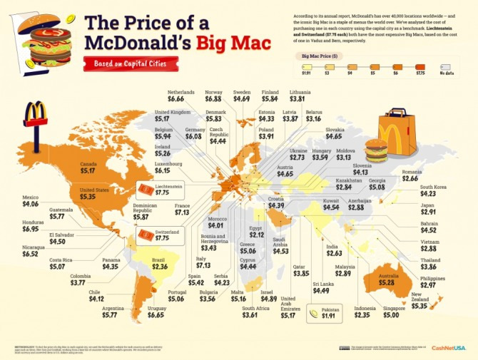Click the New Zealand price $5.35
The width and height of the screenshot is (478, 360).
point(421,305)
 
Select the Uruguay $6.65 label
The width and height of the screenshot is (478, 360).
point(155,310)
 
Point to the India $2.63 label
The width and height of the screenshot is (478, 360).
point(335,250)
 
